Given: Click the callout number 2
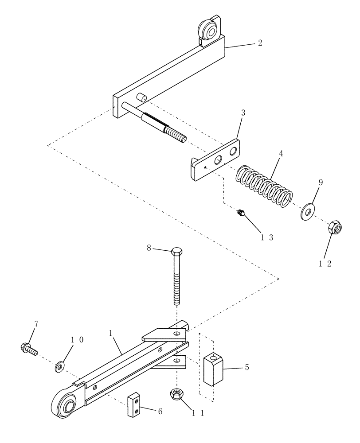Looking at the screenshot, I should [x=260, y=43].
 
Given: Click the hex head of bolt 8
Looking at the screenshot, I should [x=176, y=252].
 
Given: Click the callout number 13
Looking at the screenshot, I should [x=266, y=237].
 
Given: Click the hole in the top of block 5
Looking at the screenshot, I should [x=214, y=357].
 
